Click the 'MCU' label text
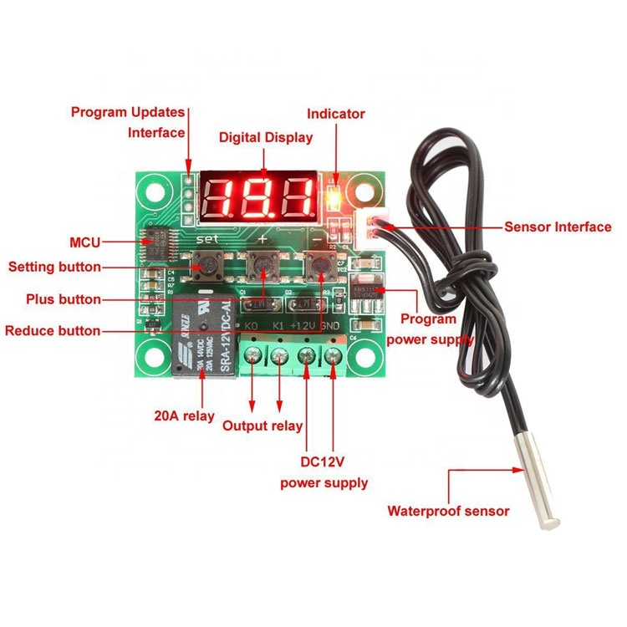[x=84, y=242]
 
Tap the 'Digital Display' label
[x=265, y=137]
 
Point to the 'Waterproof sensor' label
[x=448, y=511]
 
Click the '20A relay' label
[x=184, y=415]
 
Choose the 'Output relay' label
[x=263, y=426]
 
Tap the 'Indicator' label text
[x=336, y=114]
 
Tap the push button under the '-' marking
[x=319, y=264]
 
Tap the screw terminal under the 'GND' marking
[x=334, y=358]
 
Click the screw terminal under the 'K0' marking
[x=252, y=358]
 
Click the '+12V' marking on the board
[x=305, y=324]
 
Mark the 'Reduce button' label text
[x=53, y=331]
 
